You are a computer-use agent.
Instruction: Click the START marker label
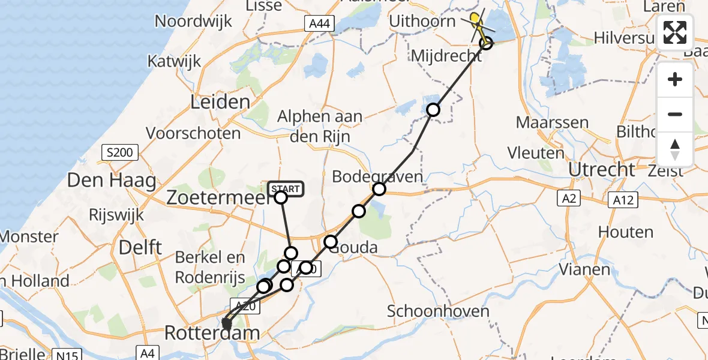tap(286, 190)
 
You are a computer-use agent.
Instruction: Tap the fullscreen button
tap(675, 32)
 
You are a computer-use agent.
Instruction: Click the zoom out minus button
tap(675, 114)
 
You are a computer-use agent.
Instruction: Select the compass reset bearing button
tap(675, 149)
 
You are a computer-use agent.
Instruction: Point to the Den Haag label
tap(112, 179)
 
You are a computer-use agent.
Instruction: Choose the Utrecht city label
tap(601, 170)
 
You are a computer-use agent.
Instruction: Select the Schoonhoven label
tap(438, 311)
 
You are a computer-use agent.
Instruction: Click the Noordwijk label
tap(193, 22)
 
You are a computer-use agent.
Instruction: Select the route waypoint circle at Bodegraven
tap(379, 190)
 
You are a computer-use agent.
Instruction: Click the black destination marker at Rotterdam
tap(226, 324)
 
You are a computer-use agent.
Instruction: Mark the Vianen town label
tap(584, 269)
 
